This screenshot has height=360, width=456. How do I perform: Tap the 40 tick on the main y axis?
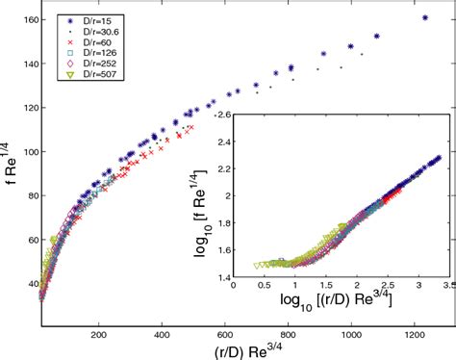click(x=28, y=285)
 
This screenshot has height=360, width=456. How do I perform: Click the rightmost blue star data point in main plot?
click(x=425, y=18)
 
